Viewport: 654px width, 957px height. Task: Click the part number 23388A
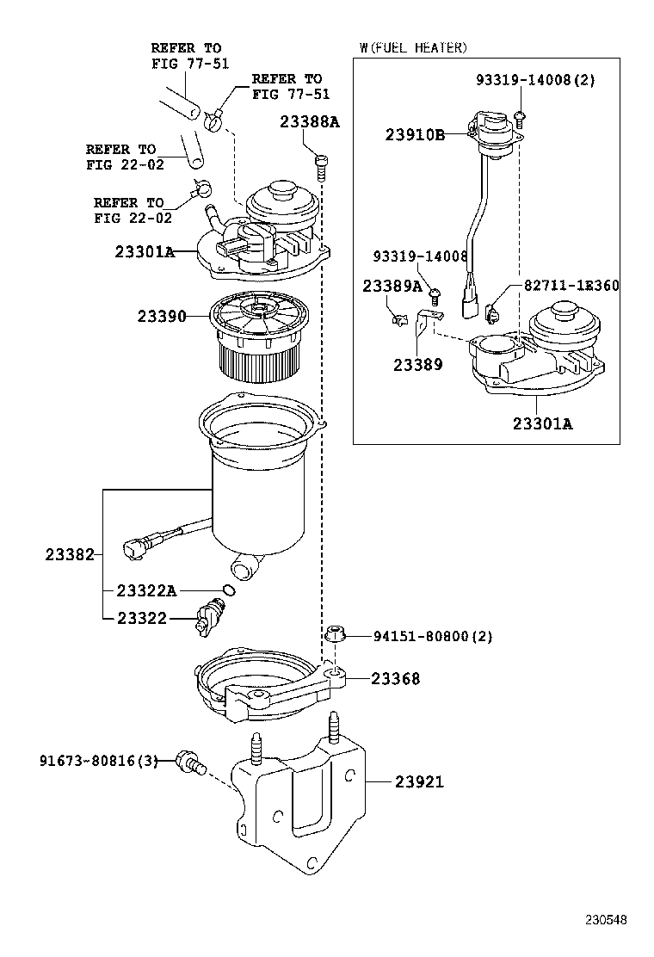(x=309, y=122)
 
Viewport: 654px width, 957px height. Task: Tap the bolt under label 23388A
(x=322, y=167)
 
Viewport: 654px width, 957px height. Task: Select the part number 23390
(x=162, y=316)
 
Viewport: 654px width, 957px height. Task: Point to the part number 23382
(x=71, y=555)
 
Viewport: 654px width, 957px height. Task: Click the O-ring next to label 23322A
(x=230, y=590)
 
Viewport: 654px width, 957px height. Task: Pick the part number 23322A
(x=146, y=590)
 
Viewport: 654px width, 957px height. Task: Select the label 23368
(x=395, y=679)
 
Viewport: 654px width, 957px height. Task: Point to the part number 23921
(x=419, y=781)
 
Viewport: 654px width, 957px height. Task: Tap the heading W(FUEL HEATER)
(x=413, y=47)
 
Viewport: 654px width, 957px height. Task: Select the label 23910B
(x=415, y=135)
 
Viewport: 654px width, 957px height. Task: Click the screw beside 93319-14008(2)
(x=521, y=116)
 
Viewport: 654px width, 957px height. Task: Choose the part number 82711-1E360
(x=571, y=286)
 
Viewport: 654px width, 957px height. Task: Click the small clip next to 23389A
(x=398, y=318)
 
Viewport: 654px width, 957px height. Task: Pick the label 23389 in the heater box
(x=418, y=365)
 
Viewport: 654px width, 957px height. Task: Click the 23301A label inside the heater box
(x=542, y=423)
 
